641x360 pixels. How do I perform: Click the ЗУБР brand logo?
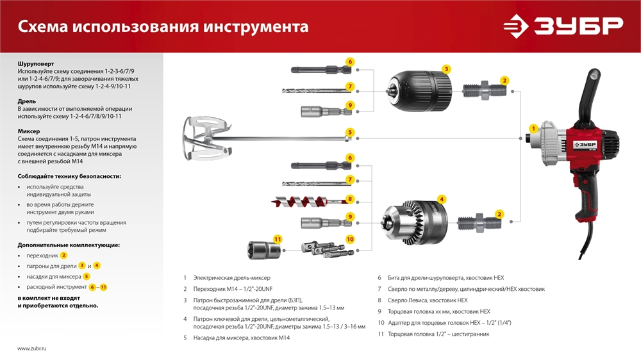coord(562,26)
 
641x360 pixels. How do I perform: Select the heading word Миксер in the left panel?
coord(29,131)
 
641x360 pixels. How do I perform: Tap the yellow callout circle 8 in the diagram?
coord(350,199)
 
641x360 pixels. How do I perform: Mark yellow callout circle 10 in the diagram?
coord(350,238)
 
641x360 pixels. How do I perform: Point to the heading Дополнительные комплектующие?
coord(69,245)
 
